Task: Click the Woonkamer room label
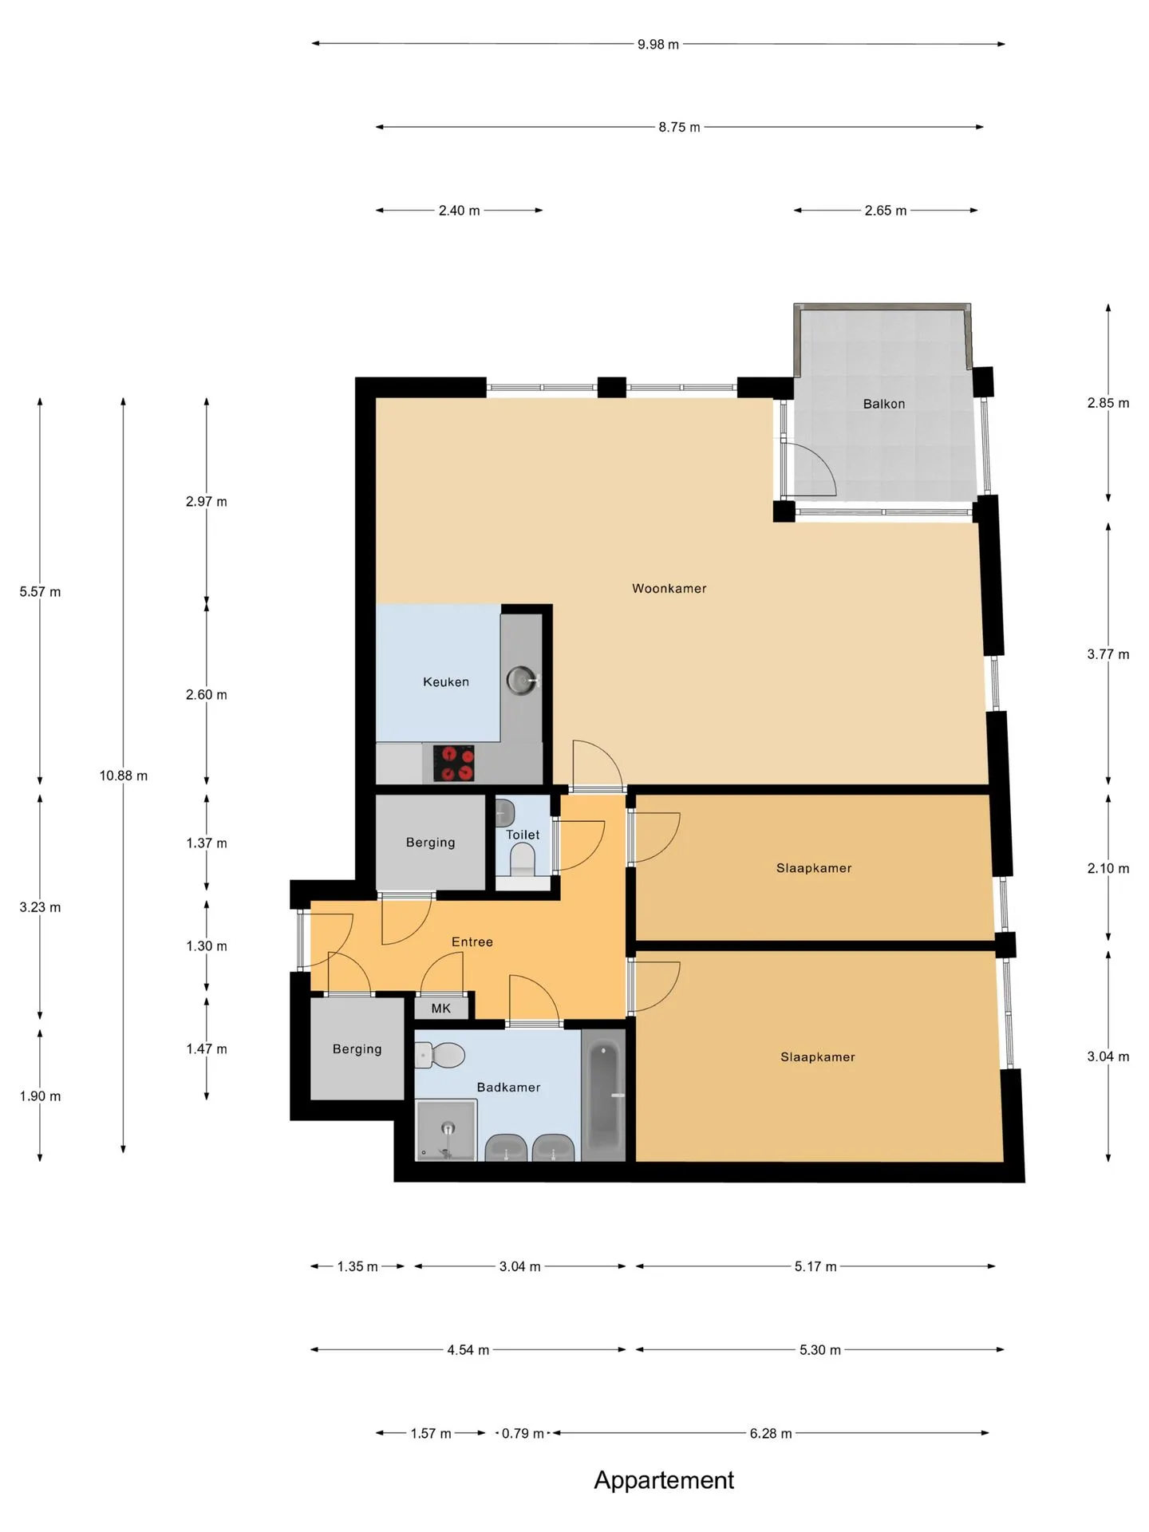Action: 669,589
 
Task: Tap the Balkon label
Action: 884,404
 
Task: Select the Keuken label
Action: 446,682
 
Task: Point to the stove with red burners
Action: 453,764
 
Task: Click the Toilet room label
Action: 523,835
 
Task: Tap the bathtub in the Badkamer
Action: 603,1094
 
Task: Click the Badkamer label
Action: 508,1088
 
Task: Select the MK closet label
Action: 441,1009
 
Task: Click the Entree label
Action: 472,942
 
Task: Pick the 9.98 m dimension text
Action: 658,45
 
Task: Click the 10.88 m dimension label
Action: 124,776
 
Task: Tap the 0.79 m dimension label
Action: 523,1434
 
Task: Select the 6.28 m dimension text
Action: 771,1434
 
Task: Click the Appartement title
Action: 664,1481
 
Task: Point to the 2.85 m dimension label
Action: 1108,403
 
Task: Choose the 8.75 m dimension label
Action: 679,127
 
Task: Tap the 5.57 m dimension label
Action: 41,592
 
